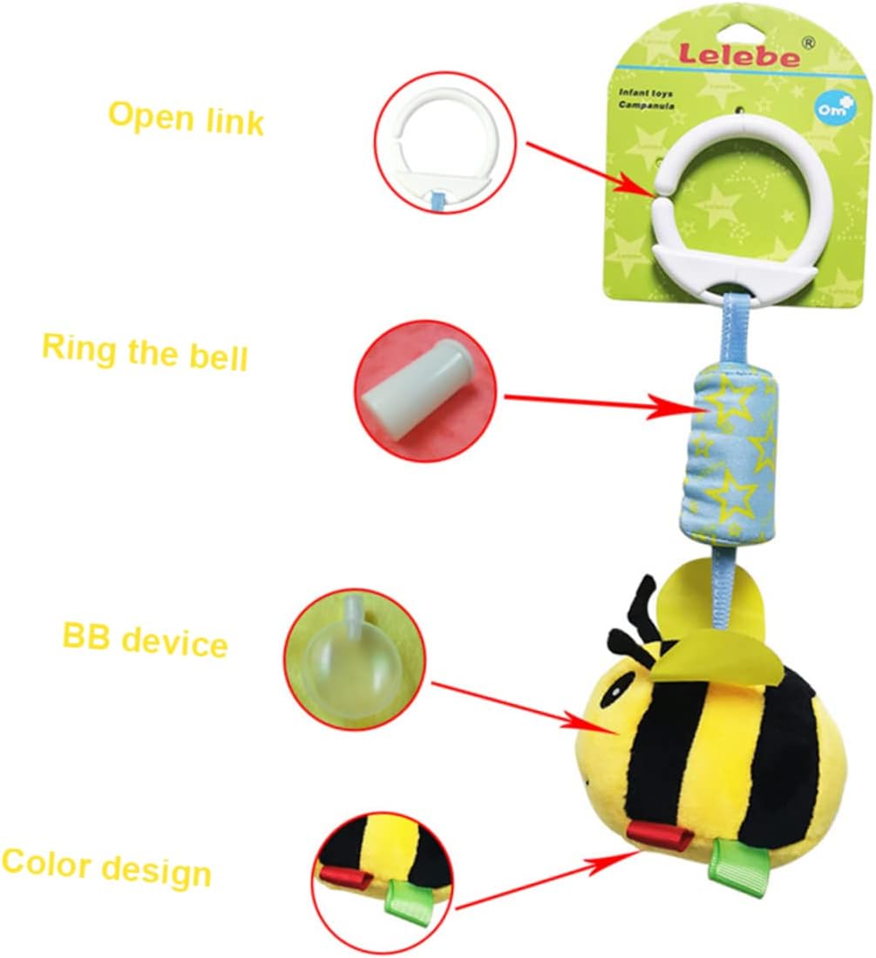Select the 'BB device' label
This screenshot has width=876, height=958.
[x=145, y=641]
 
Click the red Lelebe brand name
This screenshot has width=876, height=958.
[x=739, y=57]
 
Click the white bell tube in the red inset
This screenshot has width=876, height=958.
[x=413, y=394]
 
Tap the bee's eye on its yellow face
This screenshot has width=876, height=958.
[x=617, y=688]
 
